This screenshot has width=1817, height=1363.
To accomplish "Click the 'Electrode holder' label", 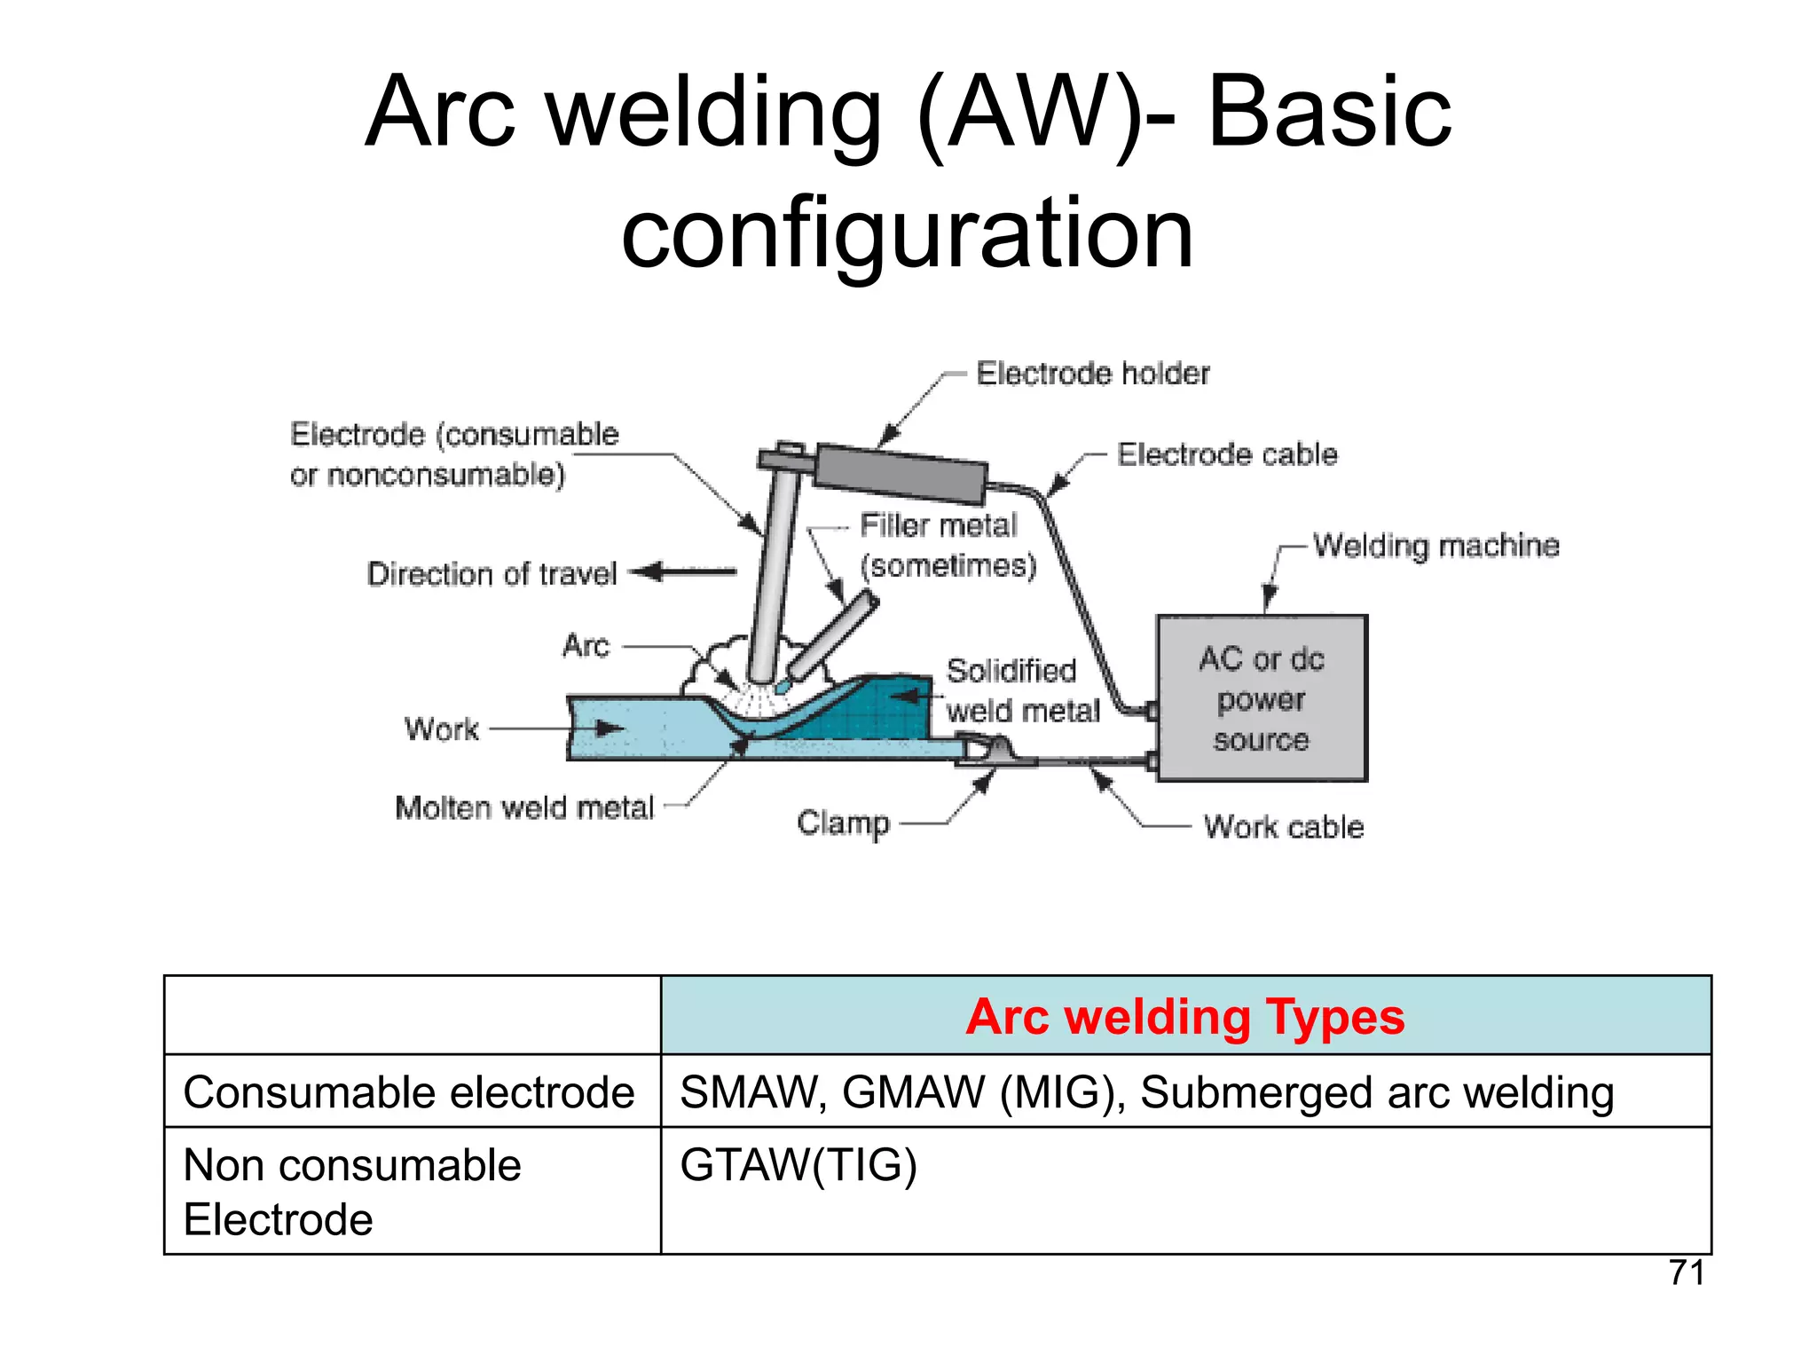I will point(1092,374).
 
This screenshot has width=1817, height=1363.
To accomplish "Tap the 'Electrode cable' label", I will point(1226,454).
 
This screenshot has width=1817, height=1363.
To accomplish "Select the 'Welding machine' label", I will point(1436,545).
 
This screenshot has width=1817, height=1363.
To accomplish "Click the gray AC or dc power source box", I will point(1262,698).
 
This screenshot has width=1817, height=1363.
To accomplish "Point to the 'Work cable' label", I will point(1283,827).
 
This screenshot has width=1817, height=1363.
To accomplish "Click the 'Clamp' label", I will point(842,823).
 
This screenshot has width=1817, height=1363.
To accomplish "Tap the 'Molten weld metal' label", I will point(523,808).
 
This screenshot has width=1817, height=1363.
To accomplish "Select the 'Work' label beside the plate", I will point(441,729).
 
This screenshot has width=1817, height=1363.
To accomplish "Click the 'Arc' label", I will point(586,646).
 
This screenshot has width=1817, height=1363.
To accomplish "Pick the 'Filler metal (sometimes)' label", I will point(946,545).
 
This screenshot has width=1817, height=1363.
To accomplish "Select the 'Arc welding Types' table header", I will point(1184,1017).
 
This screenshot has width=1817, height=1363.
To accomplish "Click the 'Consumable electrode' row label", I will point(409,1092).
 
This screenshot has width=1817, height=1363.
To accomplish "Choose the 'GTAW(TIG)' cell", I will point(798,1165).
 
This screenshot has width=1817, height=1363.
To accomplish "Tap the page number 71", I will point(1686,1272).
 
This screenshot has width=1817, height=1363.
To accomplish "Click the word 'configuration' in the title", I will point(907,233).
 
